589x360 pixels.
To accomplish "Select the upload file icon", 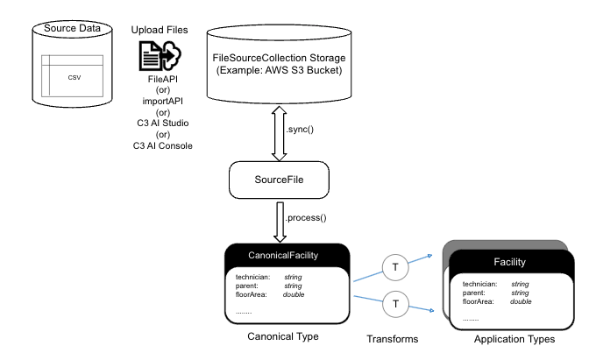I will (159, 56).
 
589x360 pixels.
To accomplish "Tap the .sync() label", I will (300, 130).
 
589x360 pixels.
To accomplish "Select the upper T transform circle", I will (397, 265).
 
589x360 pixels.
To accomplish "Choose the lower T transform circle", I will (397, 303).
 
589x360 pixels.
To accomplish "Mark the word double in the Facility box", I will (521, 300).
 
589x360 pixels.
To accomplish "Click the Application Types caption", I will (514, 339).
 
